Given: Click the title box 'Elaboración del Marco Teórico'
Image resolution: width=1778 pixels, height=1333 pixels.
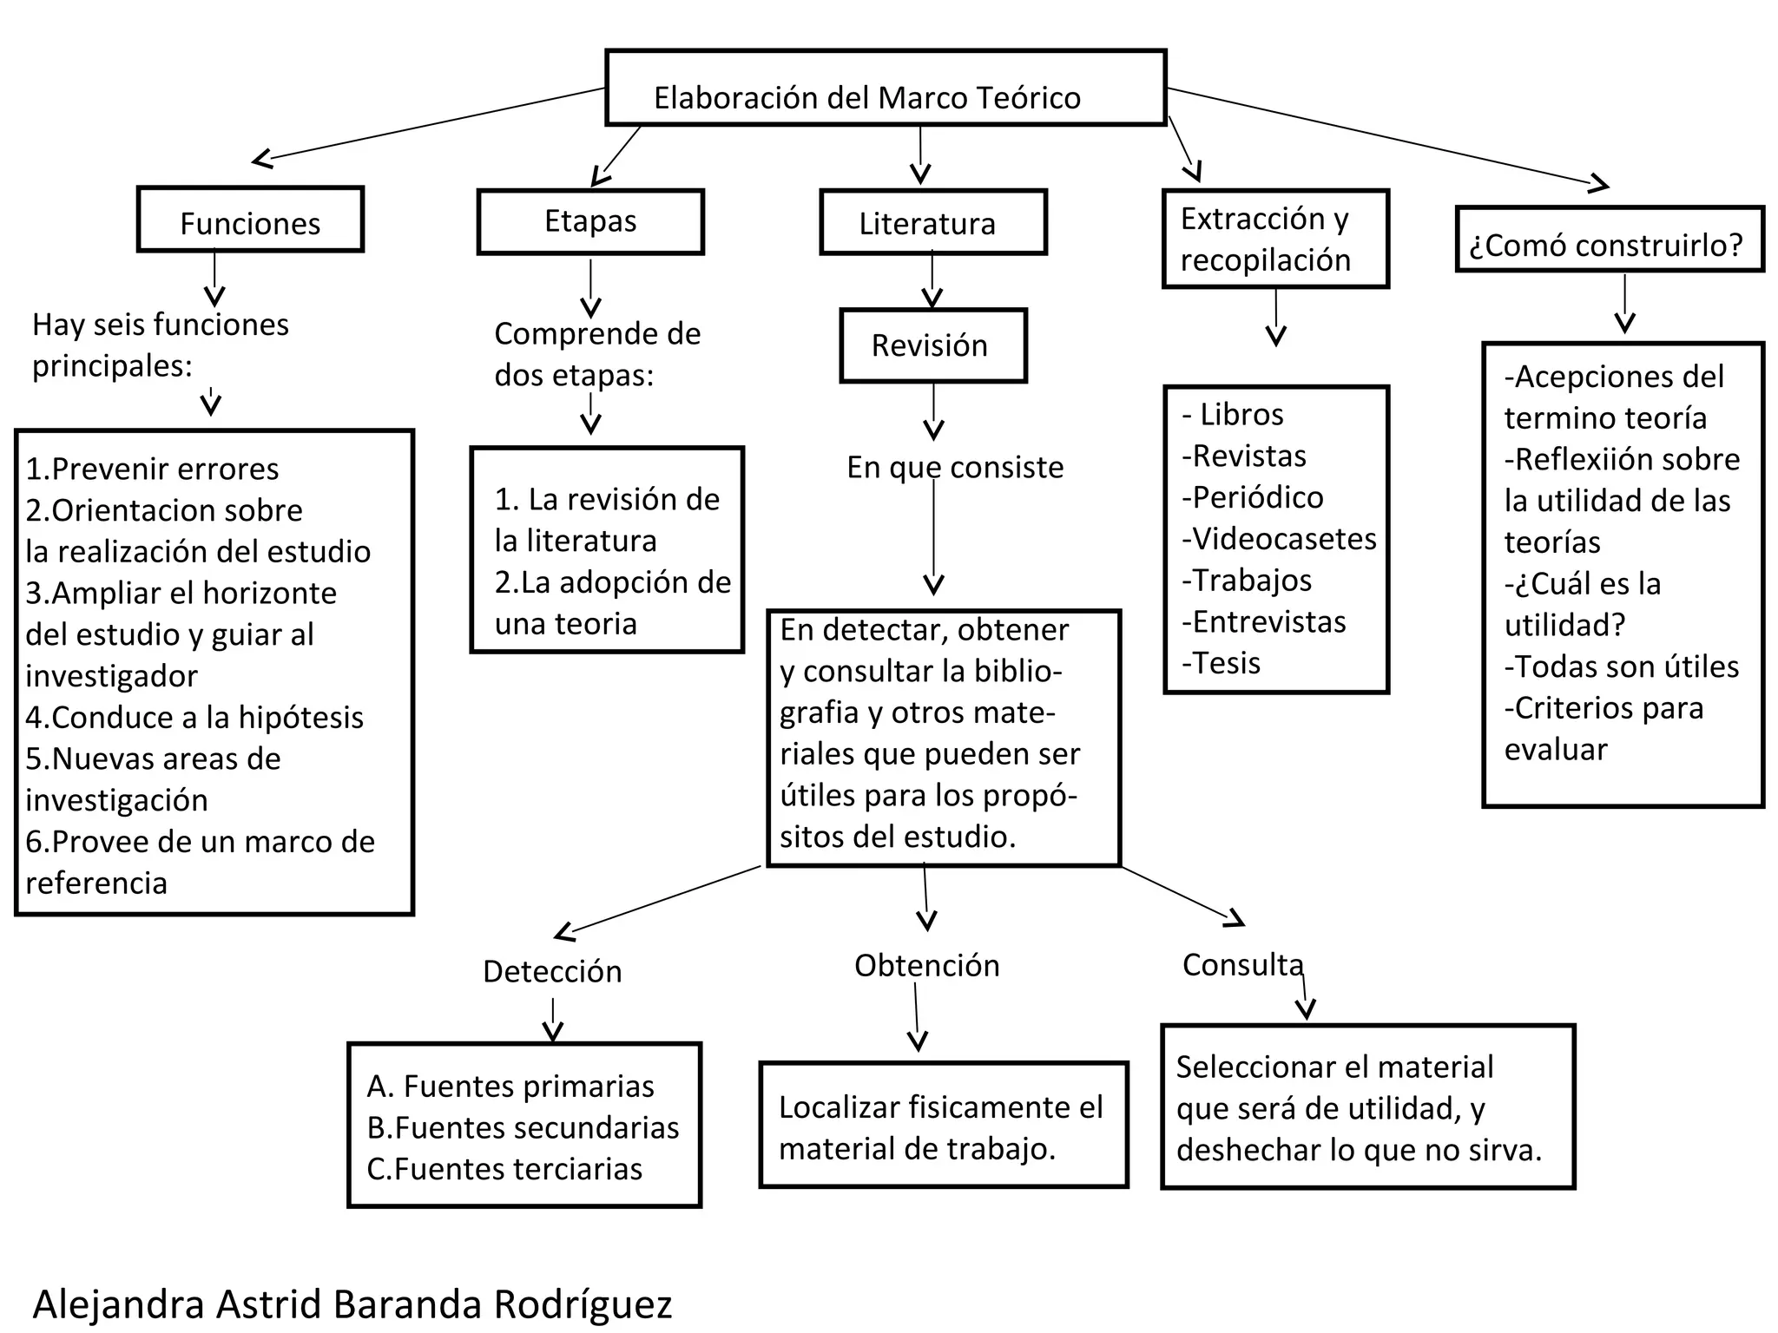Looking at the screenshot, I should [x=885, y=89].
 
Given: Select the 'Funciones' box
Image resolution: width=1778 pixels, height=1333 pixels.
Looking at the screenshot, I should [x=250, y=220].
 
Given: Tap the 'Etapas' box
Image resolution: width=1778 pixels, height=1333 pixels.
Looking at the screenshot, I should [x=590, y=222].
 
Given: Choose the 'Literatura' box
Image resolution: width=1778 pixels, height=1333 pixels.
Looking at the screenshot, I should [x=933, y=223].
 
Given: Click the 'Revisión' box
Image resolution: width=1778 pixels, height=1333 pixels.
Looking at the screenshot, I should [x=933, y=345].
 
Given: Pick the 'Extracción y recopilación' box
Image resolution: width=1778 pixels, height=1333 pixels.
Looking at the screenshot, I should [x=1275, y=240].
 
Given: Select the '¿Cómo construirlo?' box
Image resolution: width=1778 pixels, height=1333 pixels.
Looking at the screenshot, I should [x=1610, y=240].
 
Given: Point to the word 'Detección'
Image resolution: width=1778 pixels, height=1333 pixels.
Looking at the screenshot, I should [x=552, y=972].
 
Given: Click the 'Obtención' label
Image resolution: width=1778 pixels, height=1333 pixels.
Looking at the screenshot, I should [x=926, y=966].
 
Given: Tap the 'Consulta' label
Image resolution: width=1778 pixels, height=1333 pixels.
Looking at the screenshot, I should [x=1242, y=965].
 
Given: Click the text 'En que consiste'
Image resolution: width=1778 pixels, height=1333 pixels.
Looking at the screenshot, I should [x=955, y=468].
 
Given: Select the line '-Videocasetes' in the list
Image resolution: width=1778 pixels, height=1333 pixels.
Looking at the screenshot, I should [x=1279, y=540].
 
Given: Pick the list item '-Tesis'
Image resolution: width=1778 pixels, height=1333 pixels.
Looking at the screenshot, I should [x=1221, y=664].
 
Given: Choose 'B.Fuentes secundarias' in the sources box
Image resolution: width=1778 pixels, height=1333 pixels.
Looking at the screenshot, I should [x=523, y=1128].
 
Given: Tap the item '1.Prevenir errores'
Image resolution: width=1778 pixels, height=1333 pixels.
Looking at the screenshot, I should [x=152, y=470].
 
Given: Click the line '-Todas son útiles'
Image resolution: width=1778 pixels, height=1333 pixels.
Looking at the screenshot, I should [x=1621, y=667].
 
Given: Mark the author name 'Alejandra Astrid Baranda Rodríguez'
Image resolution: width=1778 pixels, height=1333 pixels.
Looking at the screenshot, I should [x=352, y=1304].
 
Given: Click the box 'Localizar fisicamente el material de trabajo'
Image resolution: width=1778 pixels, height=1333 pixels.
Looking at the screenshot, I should [x=944, y=1126].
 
